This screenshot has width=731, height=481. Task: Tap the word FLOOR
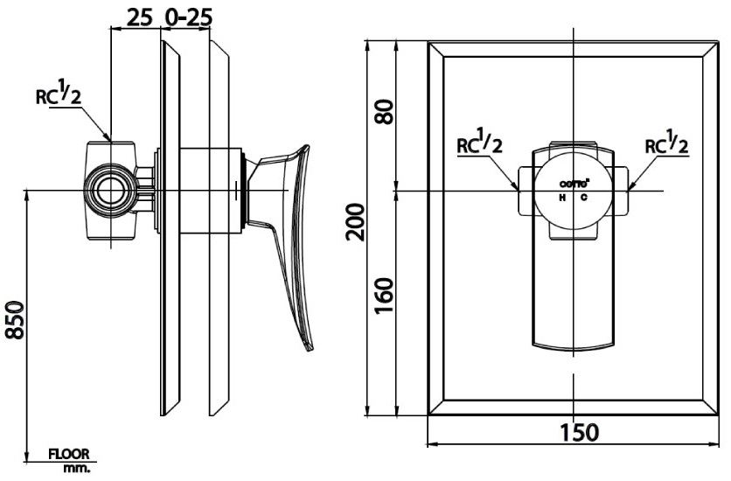pos(70,455)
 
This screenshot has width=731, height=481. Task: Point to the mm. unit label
pos(75,468)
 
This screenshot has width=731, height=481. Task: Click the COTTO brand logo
pos(574,184)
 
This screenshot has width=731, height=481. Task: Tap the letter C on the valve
pos(583,198)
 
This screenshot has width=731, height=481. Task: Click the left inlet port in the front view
pos(526,191)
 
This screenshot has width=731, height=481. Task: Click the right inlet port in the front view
pos(621,191)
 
